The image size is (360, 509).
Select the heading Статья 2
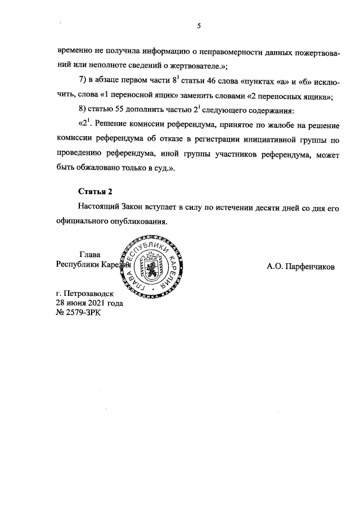coord(96,192)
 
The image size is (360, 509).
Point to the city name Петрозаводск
coord(91,294)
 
